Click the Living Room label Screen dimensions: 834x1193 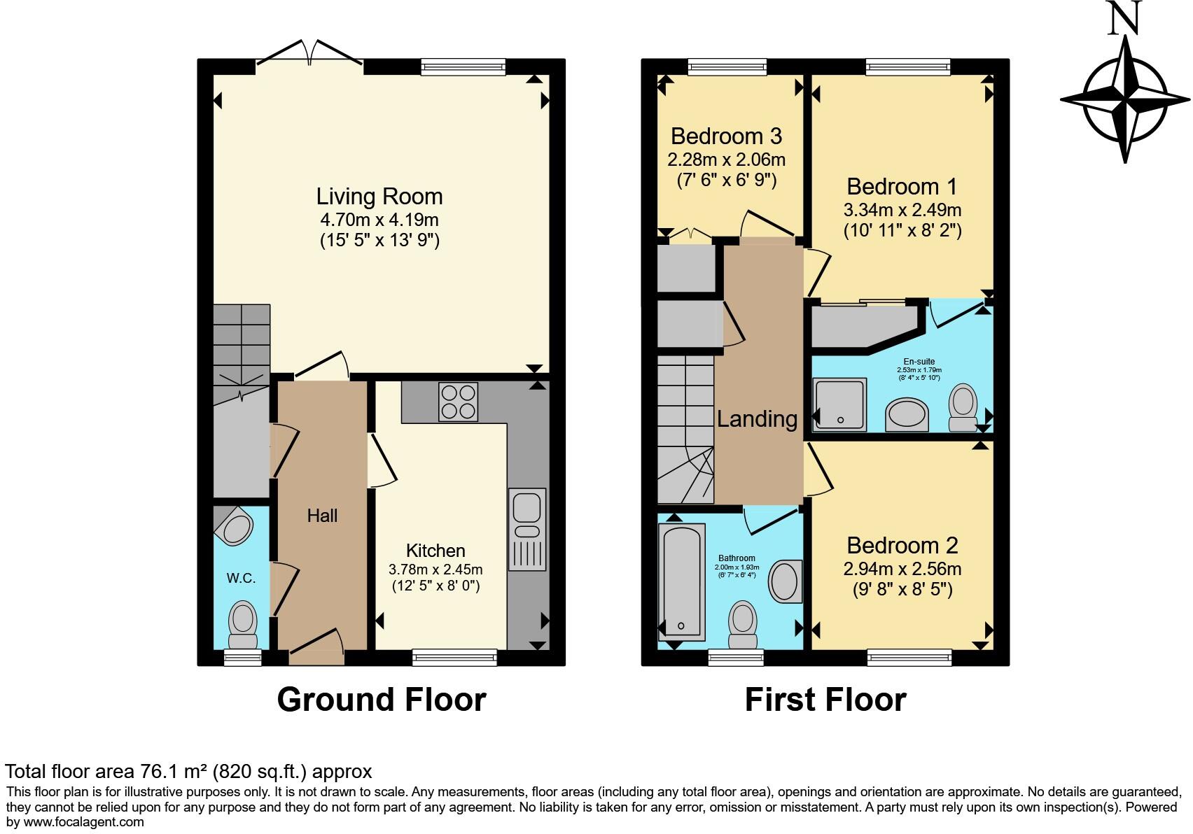pyautogui.click(x=379, y=197)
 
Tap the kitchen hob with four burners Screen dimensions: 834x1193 pyautogui.click(x=458, y=402)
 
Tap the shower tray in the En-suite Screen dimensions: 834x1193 pyautogui.click(x=839, y=404)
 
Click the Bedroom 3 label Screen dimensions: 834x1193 pyautogui.click(x=726, y=136)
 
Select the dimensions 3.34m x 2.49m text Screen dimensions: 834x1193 pyautogui.click(x=902, y=210)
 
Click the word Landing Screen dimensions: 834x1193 pyautogui.click(x=757, y=418)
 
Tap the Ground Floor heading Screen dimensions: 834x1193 pyautogui.click(x=381, y=700)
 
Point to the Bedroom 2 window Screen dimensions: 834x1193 pyautogui.click(x=909, y=657)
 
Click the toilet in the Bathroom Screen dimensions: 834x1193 pyautogui.click(x=743, y=625)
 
